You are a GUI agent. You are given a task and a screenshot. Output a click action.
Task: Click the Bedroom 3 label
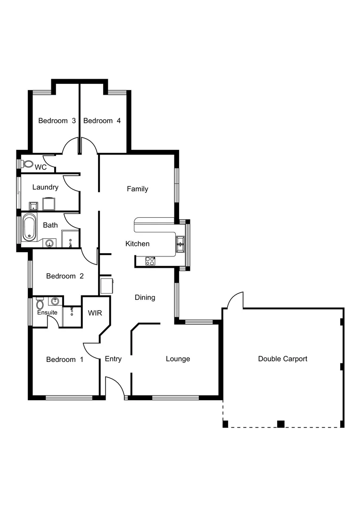pos(57,121)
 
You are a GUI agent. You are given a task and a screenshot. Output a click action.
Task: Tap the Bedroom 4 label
pos(102,121)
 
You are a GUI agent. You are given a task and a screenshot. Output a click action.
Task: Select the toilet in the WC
pos(28,164)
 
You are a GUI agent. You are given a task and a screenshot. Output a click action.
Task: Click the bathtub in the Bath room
pos(29,227)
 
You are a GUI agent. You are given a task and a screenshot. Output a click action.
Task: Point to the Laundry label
pos(45,187)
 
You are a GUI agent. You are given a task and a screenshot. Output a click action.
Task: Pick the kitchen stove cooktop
pos(150,261)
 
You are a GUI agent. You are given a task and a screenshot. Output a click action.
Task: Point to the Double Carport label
pos(283,359)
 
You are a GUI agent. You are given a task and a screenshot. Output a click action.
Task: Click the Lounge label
pos(178,359)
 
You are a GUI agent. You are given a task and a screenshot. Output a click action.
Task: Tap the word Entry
pos(113,359)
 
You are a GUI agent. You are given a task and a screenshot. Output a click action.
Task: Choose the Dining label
pos(145,297)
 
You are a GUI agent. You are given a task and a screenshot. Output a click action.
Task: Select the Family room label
pos(138,189)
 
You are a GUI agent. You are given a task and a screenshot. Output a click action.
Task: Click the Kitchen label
pos(138,244)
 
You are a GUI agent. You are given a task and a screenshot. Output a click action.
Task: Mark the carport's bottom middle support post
pos(281,424)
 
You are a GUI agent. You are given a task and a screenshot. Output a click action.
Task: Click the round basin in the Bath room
pos(49,243)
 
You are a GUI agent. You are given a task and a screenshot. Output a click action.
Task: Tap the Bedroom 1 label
pos(65,360)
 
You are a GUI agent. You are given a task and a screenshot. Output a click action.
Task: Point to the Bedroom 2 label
pos(65,276)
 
